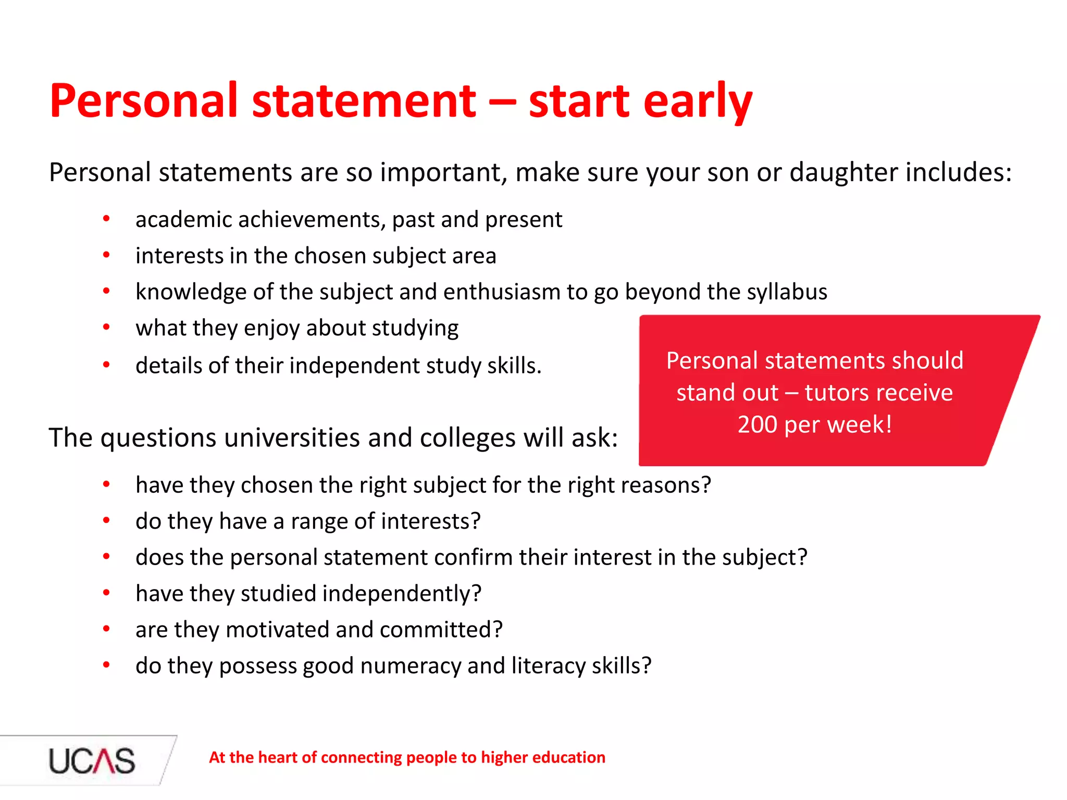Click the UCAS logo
92,760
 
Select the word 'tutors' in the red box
839,392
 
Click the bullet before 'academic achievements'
106,219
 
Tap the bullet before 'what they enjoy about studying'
106,328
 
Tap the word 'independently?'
402,594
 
